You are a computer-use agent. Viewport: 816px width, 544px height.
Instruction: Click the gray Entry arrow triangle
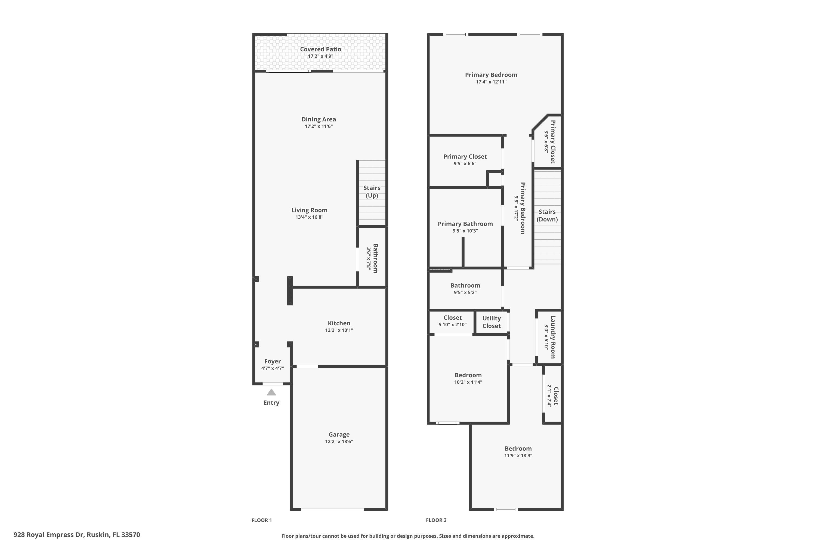(271, 392)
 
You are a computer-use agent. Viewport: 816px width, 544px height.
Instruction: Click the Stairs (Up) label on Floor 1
(372, 191)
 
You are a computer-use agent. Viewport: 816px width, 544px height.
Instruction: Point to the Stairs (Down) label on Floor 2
(547, 215)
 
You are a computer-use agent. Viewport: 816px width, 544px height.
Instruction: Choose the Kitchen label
(339, 323)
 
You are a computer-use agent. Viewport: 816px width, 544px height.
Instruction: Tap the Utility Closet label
(491, 322)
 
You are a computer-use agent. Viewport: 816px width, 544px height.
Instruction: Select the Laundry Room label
(553, 337)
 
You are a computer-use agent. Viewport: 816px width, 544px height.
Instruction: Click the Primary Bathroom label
(465, 224)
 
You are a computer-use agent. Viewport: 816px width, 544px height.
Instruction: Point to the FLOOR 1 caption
(262, 520)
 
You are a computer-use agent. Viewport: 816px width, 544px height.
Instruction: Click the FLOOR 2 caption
(436, 520)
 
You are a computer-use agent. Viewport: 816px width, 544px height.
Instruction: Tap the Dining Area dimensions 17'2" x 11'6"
(319, 126)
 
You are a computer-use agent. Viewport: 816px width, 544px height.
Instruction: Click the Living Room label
(309, 210)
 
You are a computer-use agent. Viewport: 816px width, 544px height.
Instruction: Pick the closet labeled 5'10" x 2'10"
(452, 321)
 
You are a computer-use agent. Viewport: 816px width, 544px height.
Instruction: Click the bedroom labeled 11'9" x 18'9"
(518, 452)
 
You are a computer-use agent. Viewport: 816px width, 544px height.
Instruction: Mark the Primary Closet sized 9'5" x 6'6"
(465, 160)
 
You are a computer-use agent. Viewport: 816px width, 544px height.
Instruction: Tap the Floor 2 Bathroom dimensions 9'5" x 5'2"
(465, 292)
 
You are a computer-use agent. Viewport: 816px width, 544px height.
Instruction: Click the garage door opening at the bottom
(332, 510)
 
